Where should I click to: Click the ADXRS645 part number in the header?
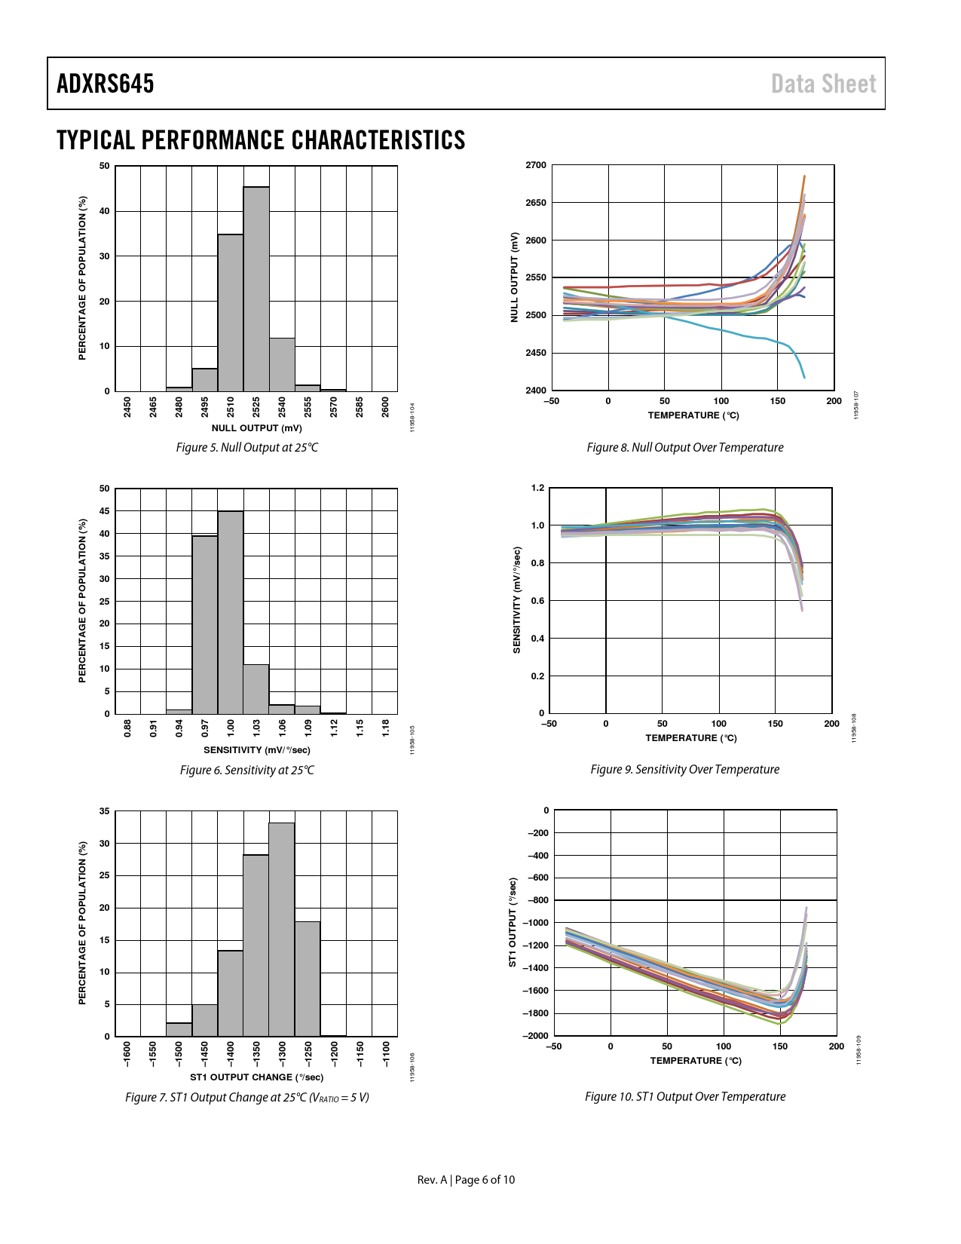[x=106, y=84]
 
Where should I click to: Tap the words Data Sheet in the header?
[x=823, y=84]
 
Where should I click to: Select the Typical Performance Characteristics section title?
[x=261, y=140]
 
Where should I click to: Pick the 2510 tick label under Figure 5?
[x=231, y=406]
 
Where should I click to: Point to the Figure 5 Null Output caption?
[x=247, y=447]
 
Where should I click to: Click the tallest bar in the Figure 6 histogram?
[x=231, y=612]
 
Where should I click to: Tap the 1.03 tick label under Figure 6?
[x=256, y=728]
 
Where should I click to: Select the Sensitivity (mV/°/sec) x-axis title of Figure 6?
[x=256, y=749]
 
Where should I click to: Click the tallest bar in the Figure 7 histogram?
[x=282, y=929]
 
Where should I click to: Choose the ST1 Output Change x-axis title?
[x=256, y=1077]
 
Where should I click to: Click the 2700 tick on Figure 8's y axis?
[x=536, y=165]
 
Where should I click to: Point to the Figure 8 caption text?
[x=685, y=447]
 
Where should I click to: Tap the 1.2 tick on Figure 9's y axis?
[x=537, y=488]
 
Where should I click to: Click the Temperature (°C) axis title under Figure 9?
[x=691, y=737]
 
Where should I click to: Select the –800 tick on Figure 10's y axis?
[x=536, y=900]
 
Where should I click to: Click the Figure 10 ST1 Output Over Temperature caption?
[x=685, y=1096]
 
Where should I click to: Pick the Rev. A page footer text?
[x=466, y=1179]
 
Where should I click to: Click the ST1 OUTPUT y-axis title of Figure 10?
[x=513, y=922]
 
